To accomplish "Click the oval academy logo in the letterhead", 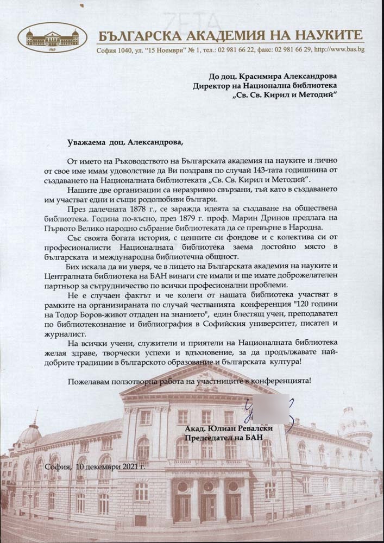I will [52, 37].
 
